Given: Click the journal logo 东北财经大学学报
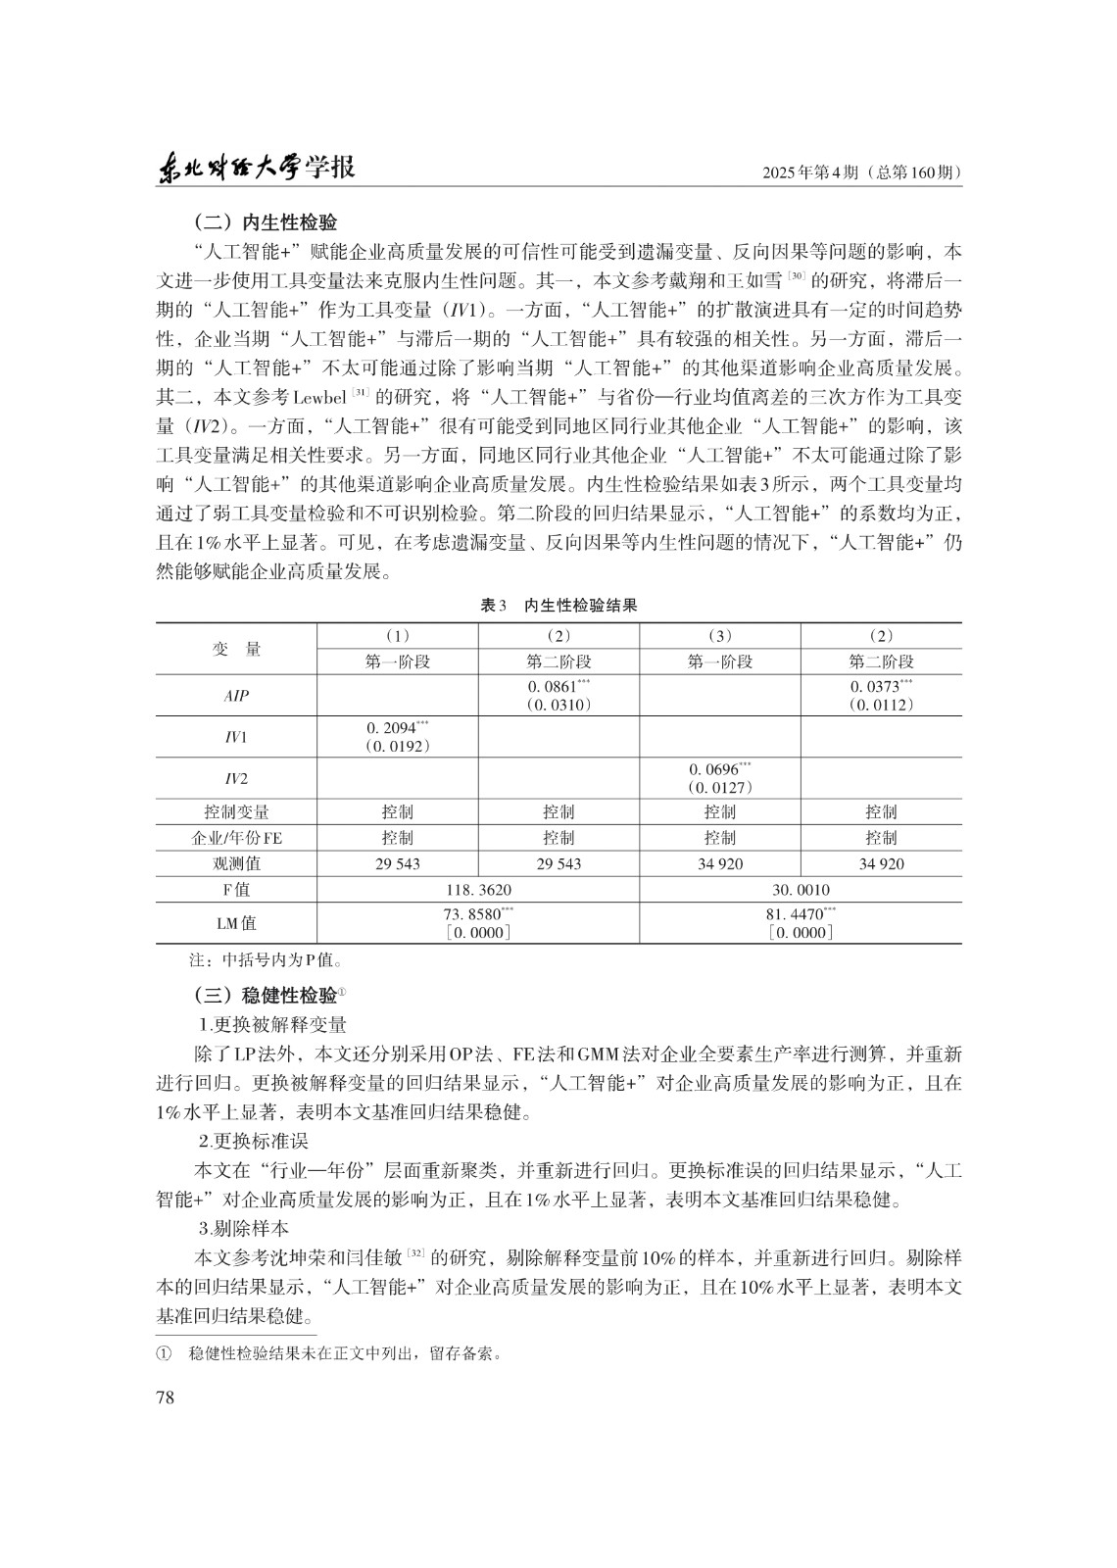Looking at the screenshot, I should coord(257,169).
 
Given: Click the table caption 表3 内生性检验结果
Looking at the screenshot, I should coord(558,606).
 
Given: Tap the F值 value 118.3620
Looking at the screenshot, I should coord(478,890).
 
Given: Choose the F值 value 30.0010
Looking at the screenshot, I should coord(800,890).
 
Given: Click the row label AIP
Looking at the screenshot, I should coord(236,696).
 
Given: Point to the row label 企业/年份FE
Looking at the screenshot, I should coord(236,838).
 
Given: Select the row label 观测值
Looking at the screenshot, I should coord(236,863).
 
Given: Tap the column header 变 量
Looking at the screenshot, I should coord(236,649).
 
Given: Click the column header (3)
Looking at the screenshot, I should coord(719,636).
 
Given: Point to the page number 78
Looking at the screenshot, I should coord(165,1397).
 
